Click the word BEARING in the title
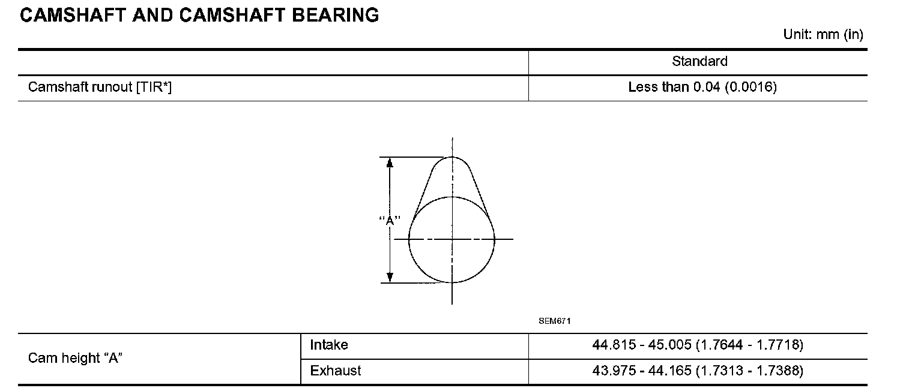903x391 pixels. tap(336, 16)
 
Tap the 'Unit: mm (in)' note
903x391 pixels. tap(823, 35)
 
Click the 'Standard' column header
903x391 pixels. tap(699, 61)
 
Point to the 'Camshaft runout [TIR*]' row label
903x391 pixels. tap(100, 87)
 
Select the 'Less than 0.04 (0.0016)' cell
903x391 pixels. tap(702, 87)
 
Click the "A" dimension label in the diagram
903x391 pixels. tap(390, 220)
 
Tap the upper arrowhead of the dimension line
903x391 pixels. tap(390, 163)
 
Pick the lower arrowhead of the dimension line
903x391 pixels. tap(390, 278)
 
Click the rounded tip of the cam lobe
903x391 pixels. tap(452, 157)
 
